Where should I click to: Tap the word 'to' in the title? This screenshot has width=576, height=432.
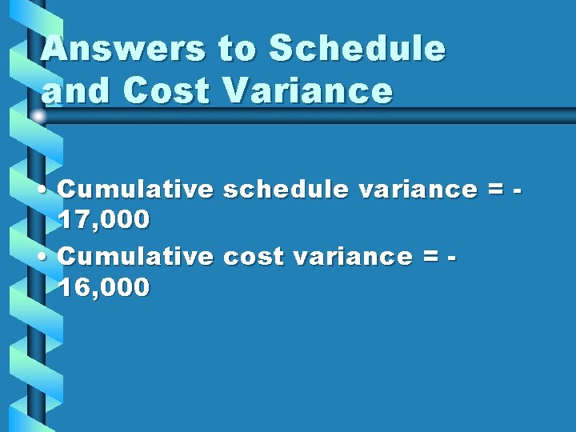coord(237,50)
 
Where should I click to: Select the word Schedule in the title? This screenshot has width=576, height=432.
coord(357,50)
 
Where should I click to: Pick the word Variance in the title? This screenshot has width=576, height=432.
coord(309,92)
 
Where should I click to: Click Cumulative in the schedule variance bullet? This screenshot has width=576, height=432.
coord(135,190)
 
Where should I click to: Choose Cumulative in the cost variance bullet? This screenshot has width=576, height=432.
coord(135,257)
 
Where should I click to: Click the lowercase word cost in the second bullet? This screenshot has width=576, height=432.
coord(253,257)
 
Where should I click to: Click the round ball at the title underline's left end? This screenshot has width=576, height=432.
coord(38,117)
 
